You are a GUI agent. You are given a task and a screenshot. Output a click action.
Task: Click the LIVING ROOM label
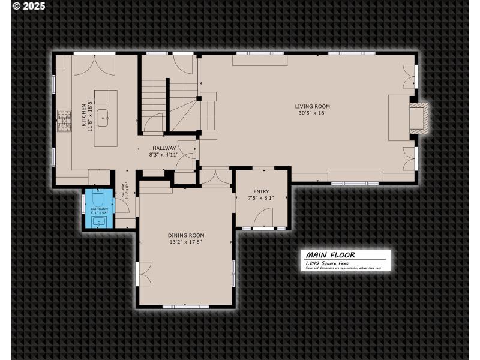point(312,106)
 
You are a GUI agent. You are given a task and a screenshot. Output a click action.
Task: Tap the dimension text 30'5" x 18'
point(312,113)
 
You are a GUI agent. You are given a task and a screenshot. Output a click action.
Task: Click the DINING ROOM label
point(186,235)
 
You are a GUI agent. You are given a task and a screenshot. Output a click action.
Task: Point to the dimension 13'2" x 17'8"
point(186,242)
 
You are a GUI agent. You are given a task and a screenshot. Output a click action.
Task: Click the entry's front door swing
point(264,218)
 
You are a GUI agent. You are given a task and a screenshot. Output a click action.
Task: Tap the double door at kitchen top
point(94,65)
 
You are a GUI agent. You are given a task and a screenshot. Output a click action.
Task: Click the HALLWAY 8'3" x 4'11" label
point(164,151)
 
